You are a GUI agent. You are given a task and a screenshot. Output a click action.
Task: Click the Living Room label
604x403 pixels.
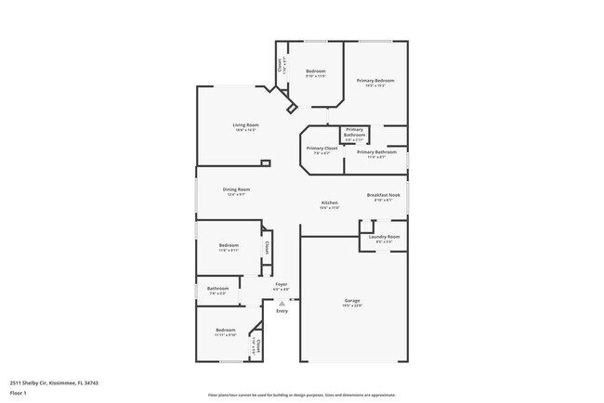point(245,124)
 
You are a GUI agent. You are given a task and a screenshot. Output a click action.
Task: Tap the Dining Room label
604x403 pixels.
point(237,189)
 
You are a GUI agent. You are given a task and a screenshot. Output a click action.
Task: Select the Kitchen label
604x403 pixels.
point(330,202)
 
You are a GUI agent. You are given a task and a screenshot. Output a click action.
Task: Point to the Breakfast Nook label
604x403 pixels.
point(383,195)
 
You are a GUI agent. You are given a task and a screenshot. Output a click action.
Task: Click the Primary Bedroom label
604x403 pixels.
point(376,81)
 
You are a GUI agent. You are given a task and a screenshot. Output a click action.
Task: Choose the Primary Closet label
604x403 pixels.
point(322,148)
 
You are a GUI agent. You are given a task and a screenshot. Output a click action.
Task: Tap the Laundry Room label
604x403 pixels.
point(384,237)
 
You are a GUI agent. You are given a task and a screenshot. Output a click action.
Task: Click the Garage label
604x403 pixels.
point(352,301)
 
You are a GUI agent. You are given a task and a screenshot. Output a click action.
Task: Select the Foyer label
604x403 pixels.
point(282,285)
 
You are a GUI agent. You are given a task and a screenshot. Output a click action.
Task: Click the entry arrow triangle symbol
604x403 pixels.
point(282,303)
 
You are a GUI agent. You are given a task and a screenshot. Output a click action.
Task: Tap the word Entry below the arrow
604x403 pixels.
point(282,311)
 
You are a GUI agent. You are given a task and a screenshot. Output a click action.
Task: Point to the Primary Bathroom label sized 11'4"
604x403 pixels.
point(376,151)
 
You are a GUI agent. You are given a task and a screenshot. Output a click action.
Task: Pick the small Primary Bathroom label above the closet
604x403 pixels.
point(354,132)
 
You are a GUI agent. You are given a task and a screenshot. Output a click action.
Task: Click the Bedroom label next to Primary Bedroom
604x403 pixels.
point(316,71)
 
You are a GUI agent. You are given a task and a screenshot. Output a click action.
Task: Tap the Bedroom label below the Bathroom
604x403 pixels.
point(226,330)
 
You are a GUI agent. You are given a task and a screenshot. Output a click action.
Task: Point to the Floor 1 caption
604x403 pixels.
point(19,393)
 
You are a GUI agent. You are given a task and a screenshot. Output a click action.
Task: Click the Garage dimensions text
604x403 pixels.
point(352,306)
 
